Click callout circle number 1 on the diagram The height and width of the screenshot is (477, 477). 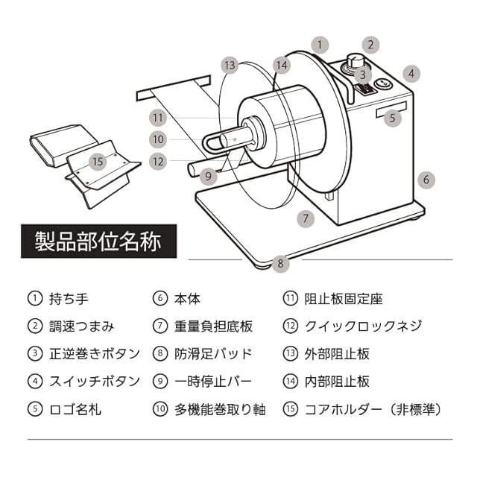(320, 45)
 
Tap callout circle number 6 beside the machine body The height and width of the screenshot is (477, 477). (426, 180)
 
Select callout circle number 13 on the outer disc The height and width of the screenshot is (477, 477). (230, 66)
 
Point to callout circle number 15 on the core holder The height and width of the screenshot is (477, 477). (98, 161)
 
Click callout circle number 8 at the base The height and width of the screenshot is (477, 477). (280, 262)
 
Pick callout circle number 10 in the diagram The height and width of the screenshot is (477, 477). (157, 139)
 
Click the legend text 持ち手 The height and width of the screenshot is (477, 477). (69, 299)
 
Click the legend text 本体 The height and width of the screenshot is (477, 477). (188, 299)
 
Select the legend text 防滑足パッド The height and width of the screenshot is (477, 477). (213, 354)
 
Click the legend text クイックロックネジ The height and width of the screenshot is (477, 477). (363, 326)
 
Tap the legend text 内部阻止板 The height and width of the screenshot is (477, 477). (337, 381)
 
